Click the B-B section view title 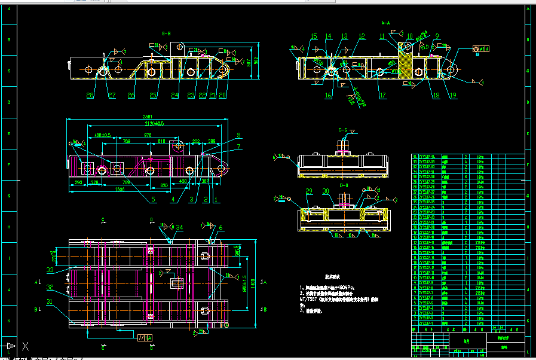[166, 33]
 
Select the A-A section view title [385, 23]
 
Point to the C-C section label [343, 129]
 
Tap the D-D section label [344, 186]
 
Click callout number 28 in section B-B [90, 96]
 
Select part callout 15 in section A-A [314, 37]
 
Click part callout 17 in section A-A [383, 96]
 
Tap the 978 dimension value [148, 136]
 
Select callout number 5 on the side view [153, 199]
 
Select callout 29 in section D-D [309, 191]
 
